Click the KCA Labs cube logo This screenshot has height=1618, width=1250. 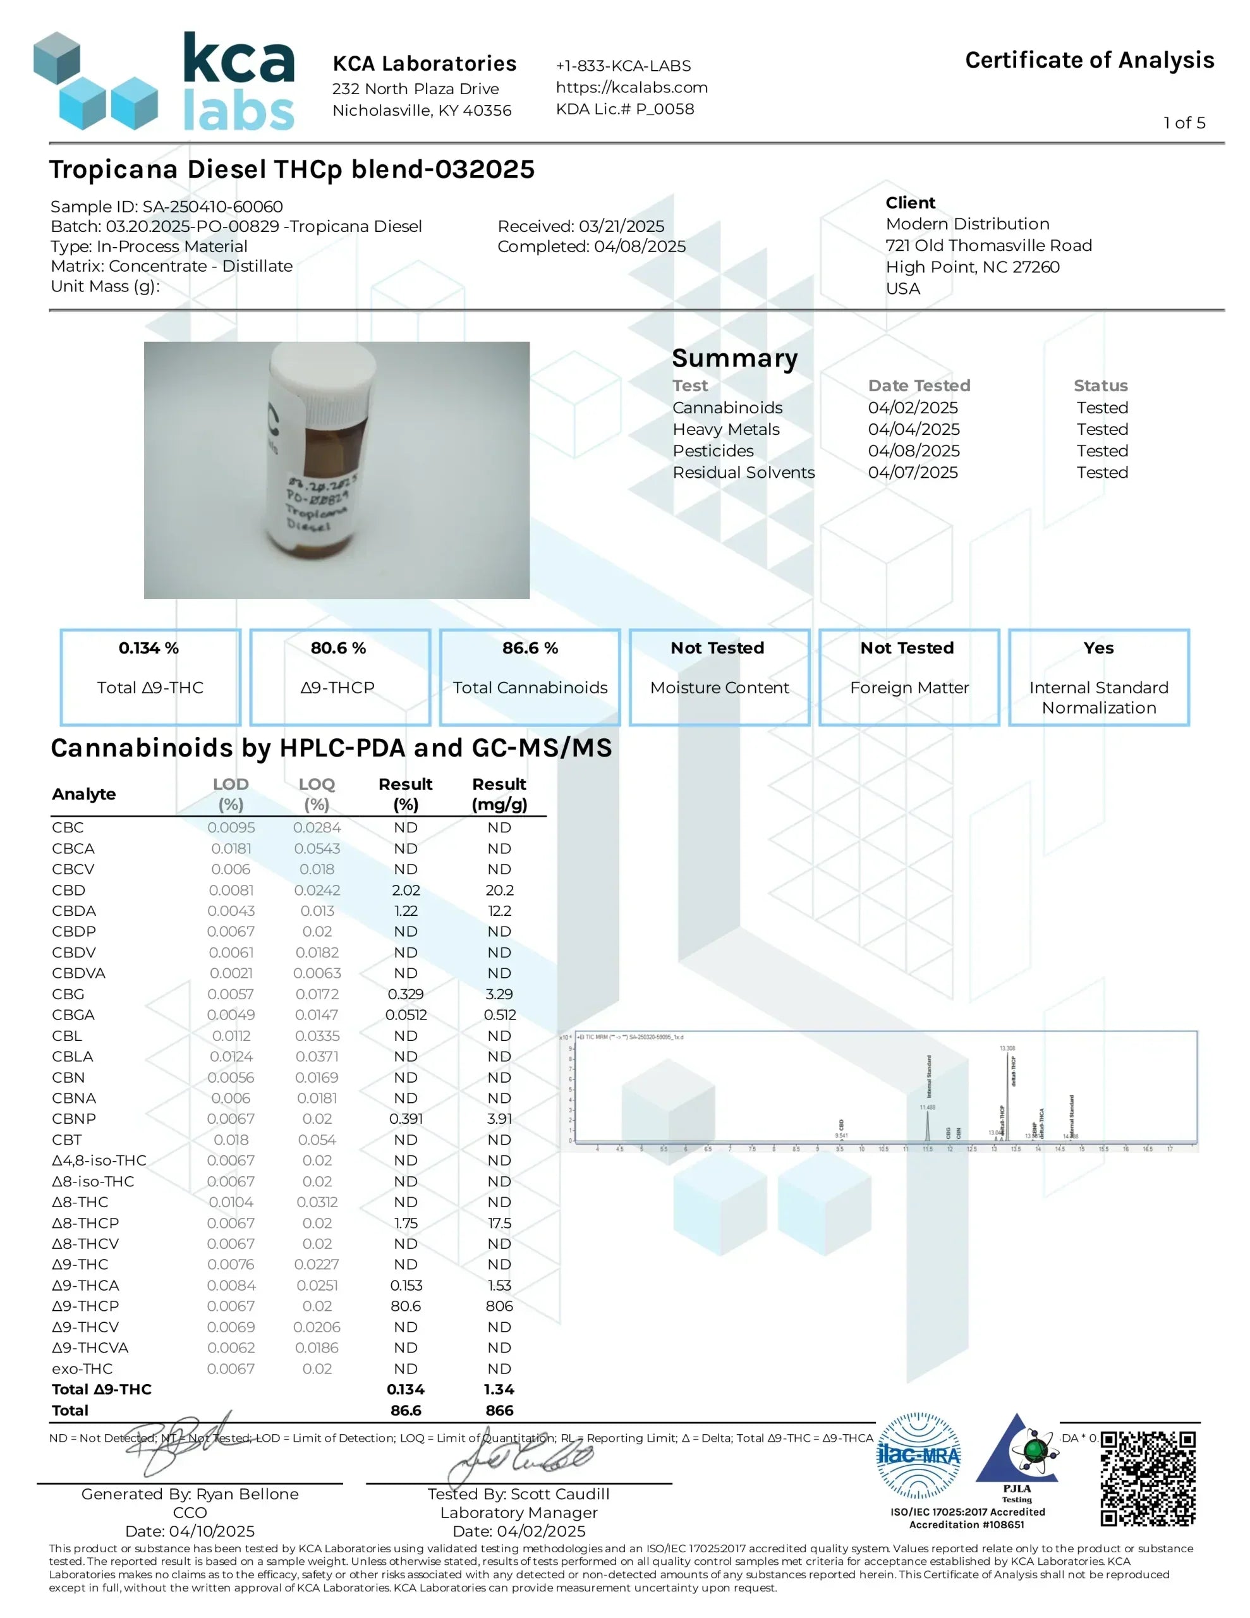(96, 82)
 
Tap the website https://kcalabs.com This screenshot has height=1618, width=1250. (631, 87)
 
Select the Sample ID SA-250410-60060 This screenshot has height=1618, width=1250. (167, 207)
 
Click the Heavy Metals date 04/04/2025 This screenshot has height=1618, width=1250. (913, 429)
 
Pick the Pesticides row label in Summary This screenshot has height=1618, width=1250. (713, 451)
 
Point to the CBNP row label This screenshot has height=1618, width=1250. (73, 1119)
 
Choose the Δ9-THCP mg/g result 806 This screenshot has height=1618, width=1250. (499, 1306)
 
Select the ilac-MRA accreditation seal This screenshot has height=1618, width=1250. (918, 1456)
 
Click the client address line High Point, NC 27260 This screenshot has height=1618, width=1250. (972, 267)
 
